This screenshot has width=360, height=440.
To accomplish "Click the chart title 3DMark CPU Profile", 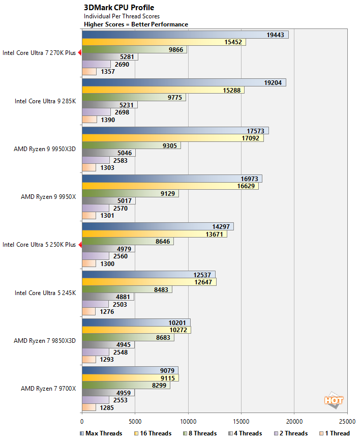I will (x=119, y=8).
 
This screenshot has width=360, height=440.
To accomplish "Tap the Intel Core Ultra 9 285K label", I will (x=45, y=101).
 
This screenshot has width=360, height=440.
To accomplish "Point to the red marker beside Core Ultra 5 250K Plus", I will (x=79, y=245).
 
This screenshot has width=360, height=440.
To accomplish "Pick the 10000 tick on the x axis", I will (x=188, y=421).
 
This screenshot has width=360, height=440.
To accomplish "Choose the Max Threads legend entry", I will (x=101, y=433).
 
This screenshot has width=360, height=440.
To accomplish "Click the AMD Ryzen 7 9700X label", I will (x=48, y=389).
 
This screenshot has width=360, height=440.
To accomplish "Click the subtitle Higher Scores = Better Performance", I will (x=136, y=24).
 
